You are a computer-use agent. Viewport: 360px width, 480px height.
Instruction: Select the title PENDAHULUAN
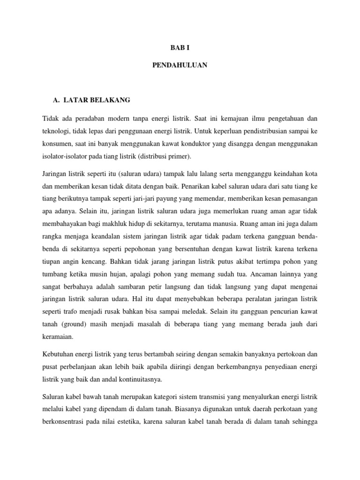tap(180, 65)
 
